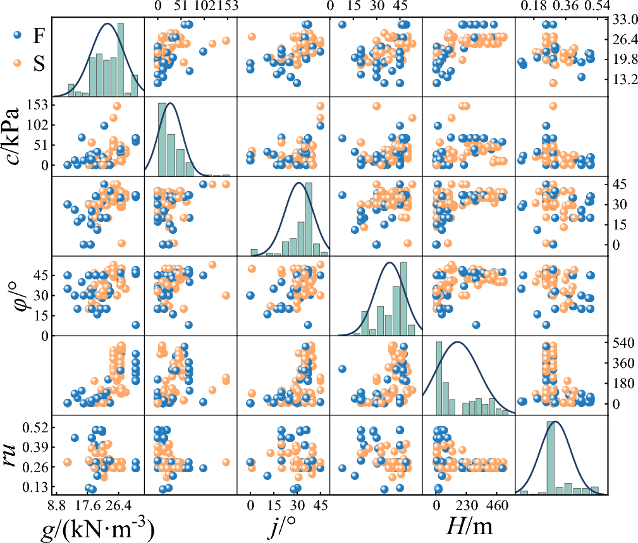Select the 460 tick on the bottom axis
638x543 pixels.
tap(497, 505)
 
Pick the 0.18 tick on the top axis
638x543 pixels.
tap(533, 6)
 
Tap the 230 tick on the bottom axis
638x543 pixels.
tap(467, 505)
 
